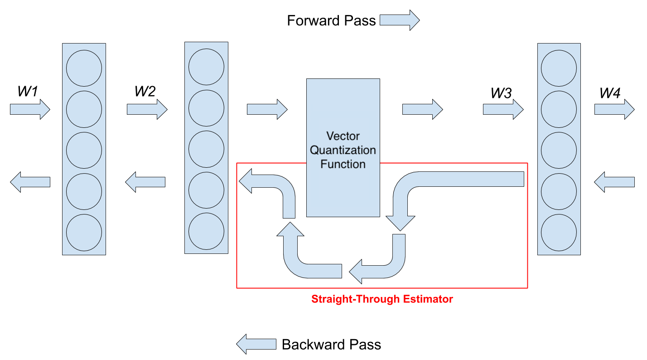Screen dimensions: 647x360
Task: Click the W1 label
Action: (x=28, y=92)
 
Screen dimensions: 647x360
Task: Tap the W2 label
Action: (x=145, y=92)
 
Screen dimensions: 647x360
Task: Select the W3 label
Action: (x=501, y=93)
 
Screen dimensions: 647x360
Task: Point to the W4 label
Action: (x=610, y=93)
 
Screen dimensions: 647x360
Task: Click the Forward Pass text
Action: (x=331, y=20)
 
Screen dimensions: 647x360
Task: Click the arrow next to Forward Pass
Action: (x=400, y=20)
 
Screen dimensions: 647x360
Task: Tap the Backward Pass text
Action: (x=331, y=345)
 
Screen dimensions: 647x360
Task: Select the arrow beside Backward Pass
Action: (x=256, y=344)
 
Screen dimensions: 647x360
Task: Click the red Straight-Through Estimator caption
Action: (x=382, y=299)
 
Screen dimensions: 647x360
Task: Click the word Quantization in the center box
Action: (x=343, y=150)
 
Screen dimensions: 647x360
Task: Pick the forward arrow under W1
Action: (x=30, y=109)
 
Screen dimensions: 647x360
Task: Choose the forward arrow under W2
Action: (x=147, y=109)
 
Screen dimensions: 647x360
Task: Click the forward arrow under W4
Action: (x=614, y=109)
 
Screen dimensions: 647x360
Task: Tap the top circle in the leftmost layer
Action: (x=84, y=68)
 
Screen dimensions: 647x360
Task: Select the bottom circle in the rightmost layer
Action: (x=559, y=233)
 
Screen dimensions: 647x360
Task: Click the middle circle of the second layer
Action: (x=206, y=149)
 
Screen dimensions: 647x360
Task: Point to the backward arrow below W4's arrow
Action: (x=614, y=182)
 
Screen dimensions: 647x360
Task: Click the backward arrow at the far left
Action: (x=30, y=182)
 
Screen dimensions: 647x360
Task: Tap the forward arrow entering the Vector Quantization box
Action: (x=267, y=109)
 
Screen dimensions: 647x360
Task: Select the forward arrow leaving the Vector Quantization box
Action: (x=423, y=109)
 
